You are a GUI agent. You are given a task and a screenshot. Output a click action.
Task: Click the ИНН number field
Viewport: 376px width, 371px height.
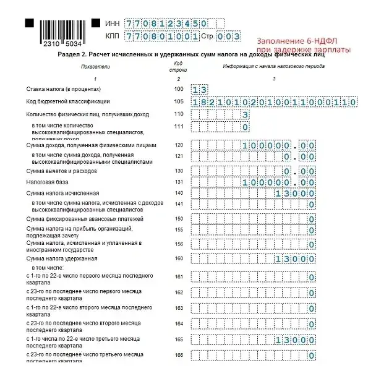click(165, 23)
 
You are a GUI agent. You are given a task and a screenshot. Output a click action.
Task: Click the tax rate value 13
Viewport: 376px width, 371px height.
click(200, 90)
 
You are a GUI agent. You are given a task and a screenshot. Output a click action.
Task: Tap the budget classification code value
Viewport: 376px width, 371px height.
click(274, 102)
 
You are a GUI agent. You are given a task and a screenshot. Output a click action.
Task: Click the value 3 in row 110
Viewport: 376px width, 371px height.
click(246, 114)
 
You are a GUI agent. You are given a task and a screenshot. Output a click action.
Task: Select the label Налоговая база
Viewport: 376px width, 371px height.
click(45, 182)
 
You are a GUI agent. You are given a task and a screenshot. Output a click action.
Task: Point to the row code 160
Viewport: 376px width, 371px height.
click(179, 258)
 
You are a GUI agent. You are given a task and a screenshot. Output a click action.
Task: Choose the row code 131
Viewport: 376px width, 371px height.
click(179, 182)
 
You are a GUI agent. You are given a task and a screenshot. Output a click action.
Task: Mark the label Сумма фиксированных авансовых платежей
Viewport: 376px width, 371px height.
click(85, 218)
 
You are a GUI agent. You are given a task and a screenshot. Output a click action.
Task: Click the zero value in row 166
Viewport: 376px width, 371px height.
click(312, 356)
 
